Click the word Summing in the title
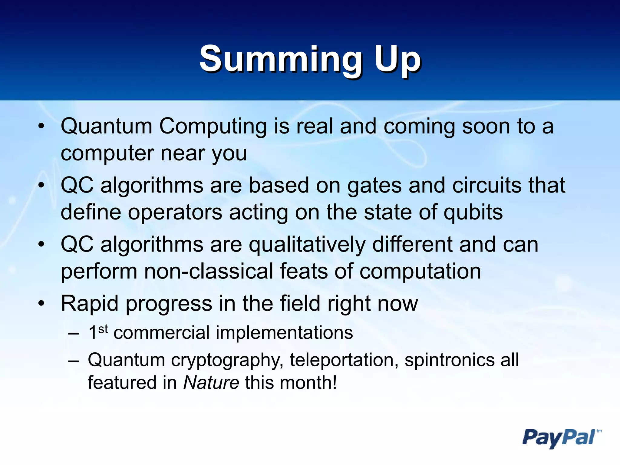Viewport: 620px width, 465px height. coord(280,59)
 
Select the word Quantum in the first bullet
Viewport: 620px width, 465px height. coord(106,127)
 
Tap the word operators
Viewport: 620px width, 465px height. coord(175,213)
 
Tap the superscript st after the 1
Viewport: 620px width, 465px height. coord(103,329)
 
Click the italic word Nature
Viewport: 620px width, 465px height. coord(211,383)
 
